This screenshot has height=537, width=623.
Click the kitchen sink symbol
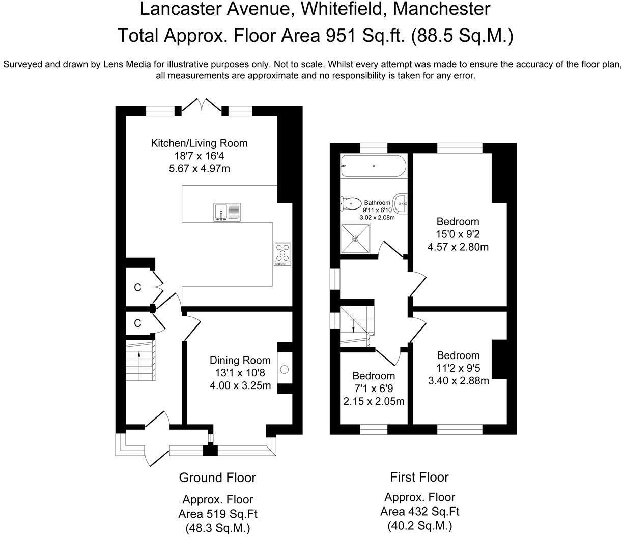pos(227,213)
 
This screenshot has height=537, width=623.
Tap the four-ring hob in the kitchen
pos(282,254)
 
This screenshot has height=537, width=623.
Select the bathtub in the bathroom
pos(373,166)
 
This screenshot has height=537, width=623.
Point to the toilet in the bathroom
pos(351,203)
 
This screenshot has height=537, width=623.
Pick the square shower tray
pos(356,238)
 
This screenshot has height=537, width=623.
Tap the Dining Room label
pos(240,360)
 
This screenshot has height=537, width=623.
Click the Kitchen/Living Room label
pos(199,143)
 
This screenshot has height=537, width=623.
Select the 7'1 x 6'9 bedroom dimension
pos(374,389)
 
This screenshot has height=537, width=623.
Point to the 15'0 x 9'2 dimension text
pos(458,234)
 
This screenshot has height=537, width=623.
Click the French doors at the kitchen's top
pos(202,107)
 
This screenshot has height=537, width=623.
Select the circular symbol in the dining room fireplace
pos(284,369)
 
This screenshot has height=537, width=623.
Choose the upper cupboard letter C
pos(137,288)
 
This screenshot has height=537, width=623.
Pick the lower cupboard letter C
pos(137,323)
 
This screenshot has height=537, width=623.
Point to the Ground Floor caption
pos(217,478)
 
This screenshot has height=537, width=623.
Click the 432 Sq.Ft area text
pos(434,511)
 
